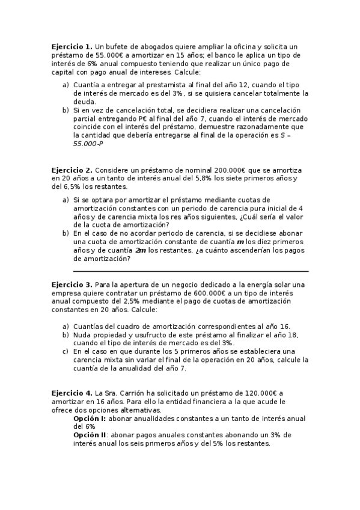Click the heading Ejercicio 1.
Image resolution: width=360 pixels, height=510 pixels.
coord(72,46)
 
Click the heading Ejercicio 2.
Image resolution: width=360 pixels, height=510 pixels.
coord(72,171)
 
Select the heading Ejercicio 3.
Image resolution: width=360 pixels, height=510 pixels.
coord(72,284)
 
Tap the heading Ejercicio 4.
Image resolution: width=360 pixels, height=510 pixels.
coord(72,392)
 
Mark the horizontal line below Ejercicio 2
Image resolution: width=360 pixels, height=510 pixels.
coord(191,271)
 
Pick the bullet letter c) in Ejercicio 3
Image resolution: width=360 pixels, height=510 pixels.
coord(66,351)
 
